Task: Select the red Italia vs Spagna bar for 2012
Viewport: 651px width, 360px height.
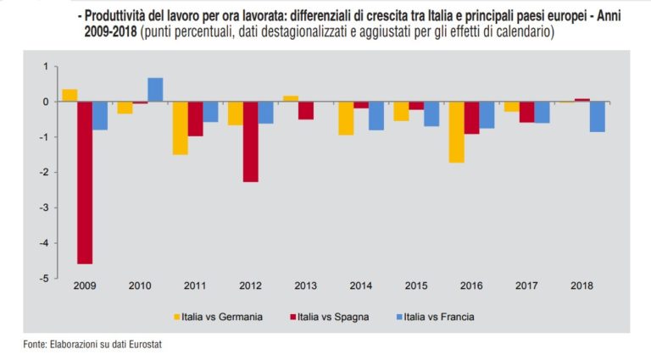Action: (250, 141)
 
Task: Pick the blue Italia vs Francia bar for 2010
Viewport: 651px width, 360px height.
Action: (155, 90)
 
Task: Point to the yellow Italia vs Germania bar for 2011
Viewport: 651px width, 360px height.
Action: (180, 128)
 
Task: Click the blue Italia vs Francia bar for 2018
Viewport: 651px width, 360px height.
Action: (598, 117)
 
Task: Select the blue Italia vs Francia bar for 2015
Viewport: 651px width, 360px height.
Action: (432, 114)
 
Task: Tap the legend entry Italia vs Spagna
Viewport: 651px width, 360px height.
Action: (325, 318)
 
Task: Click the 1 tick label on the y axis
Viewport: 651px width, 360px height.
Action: (46, 67)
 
